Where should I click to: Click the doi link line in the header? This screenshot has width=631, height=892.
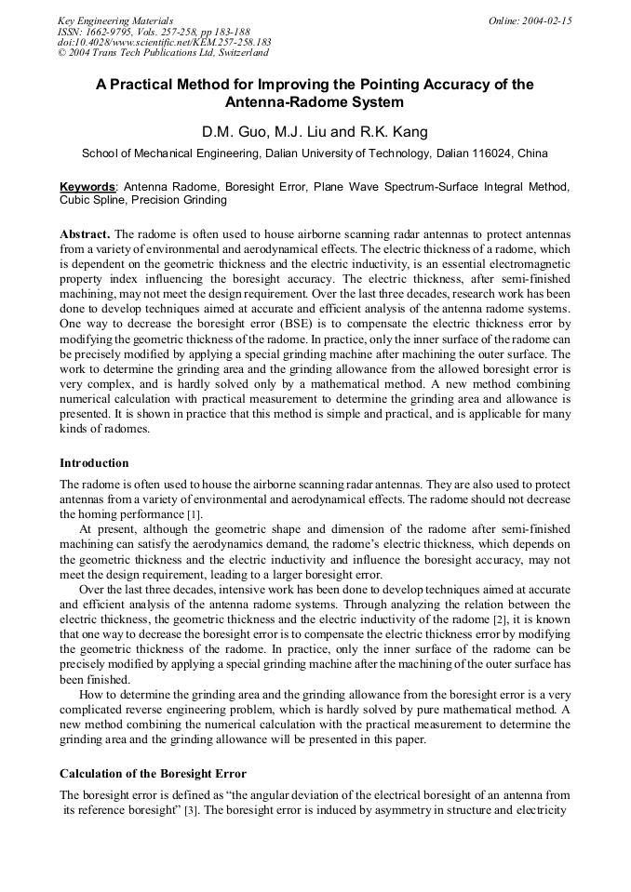[x=164, y=43]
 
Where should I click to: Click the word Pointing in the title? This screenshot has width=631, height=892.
[x=360, y=85]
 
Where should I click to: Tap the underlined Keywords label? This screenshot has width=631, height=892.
[x=87, y=187]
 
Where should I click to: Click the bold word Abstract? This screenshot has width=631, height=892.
[x=85, y=233]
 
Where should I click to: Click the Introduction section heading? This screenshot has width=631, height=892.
[x=94, y=462]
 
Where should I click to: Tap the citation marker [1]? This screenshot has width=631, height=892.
[x=194, y=514]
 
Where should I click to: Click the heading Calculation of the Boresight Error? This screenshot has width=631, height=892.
[x=153, y=773]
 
